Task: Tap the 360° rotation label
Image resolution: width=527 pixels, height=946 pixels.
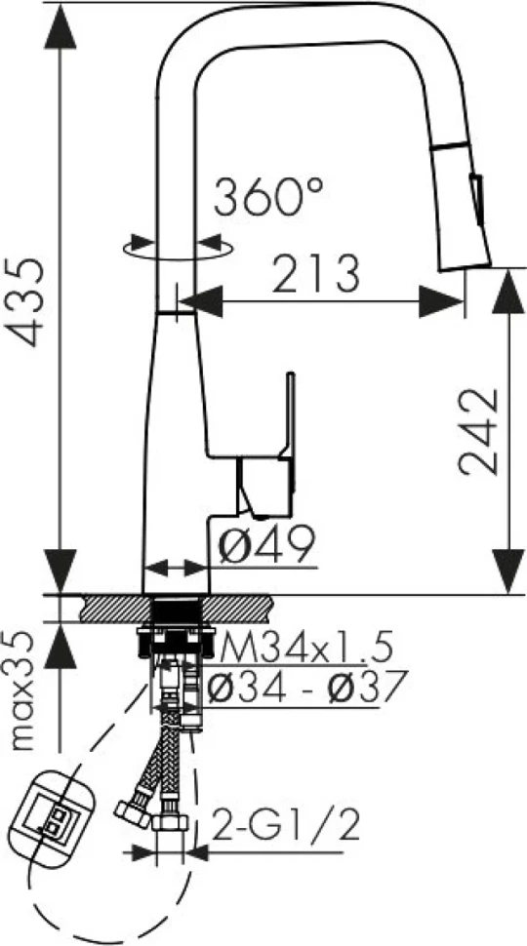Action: (268, 197)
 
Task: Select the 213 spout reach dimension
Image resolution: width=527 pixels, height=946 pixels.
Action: (315, 273)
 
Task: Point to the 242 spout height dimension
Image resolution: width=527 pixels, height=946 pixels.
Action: (479, 431)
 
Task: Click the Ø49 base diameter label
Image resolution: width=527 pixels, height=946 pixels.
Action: (266, 544)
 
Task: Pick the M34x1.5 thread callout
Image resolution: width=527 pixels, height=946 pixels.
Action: (306, 648)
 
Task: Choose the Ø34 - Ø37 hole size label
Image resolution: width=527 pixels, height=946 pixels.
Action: (304, 687)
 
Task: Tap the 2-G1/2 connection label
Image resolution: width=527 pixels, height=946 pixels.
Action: (286, 825)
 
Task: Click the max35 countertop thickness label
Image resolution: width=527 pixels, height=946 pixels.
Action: (25, 690)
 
